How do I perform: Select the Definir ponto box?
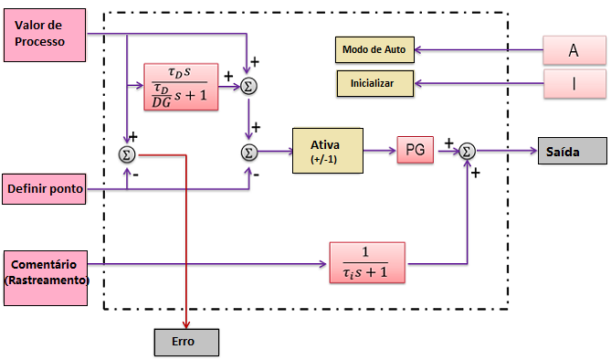click(45, 189)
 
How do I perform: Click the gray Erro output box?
click(185, 342)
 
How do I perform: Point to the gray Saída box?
click(570, 151)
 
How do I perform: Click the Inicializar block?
click(373, 83)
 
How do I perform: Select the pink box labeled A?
click(574, 51)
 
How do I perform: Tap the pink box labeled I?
click(574, 85)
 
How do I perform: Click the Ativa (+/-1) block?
click(327, 151)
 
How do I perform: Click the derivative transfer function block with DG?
click(181, 86)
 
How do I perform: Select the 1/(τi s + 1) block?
click(367, 264)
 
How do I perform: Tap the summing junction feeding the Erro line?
click(127, 154)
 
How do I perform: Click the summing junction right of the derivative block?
click(248, 86)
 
